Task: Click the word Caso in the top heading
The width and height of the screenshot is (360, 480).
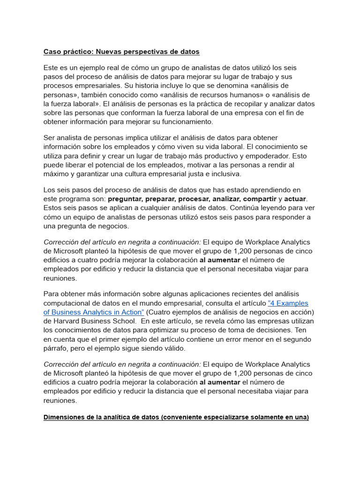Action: (x=52, y=51)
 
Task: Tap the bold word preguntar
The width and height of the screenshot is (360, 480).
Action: (x=126, y=199)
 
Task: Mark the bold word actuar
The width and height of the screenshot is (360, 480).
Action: (x=295, y=199)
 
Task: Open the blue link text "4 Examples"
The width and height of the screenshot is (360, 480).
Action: (x=288, y=303)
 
